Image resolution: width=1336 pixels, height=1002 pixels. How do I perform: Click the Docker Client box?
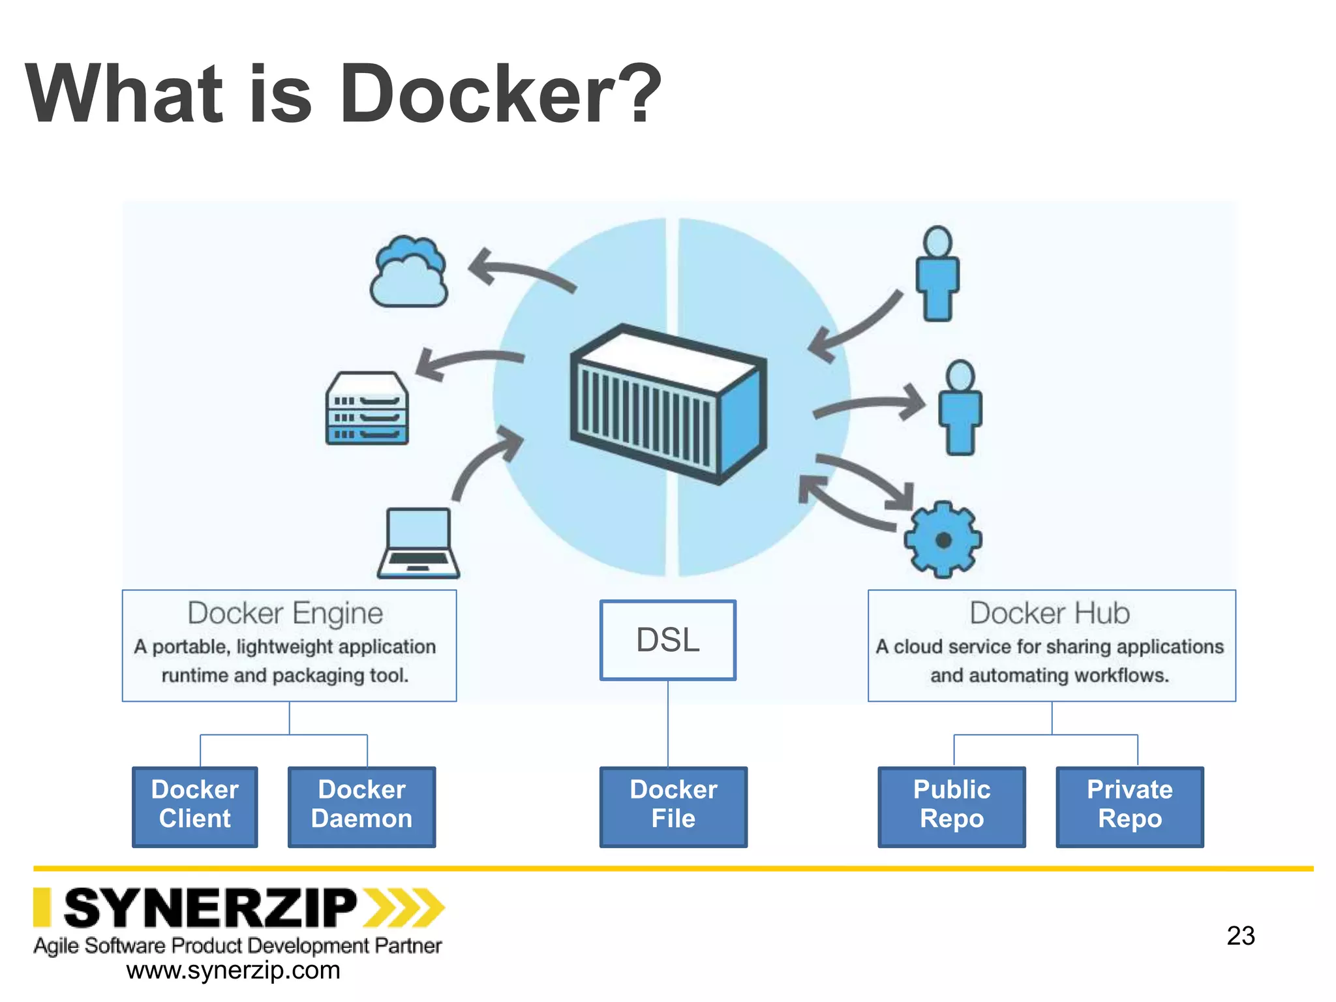(x=194, y=806)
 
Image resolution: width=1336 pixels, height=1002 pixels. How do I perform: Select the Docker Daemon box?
(x=361, y=806)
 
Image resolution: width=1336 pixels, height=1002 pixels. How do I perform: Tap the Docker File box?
(x=673, y=806)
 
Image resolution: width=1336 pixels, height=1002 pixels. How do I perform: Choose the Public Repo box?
(x=951, y=806)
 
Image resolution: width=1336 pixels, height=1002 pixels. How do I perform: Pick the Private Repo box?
(x=1129, y=806)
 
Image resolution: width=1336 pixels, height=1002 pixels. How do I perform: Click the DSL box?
(x=667, y=640)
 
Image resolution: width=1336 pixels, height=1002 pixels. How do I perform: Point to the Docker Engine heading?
(x=285, y=613)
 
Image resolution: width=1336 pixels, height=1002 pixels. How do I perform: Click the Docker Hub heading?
(x=1050, y=613)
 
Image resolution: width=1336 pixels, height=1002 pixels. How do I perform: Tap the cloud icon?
(x=409, y=273)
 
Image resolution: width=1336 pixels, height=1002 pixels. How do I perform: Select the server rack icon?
(x=367, y=409)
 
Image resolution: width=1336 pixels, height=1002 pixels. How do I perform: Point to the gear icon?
(x=943, y=539)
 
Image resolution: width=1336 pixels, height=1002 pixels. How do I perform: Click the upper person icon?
(x=937, y=274)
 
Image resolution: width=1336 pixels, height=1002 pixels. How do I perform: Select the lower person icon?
(x=960, y=408)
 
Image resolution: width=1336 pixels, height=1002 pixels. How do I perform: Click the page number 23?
(x=1240, y=935)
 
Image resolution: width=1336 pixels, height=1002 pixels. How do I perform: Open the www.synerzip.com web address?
(x=233, y=971)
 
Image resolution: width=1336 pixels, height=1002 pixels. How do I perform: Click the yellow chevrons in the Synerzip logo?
(x=403, y=907)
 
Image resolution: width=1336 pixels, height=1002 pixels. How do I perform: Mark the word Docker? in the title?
(x=500, y=95)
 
